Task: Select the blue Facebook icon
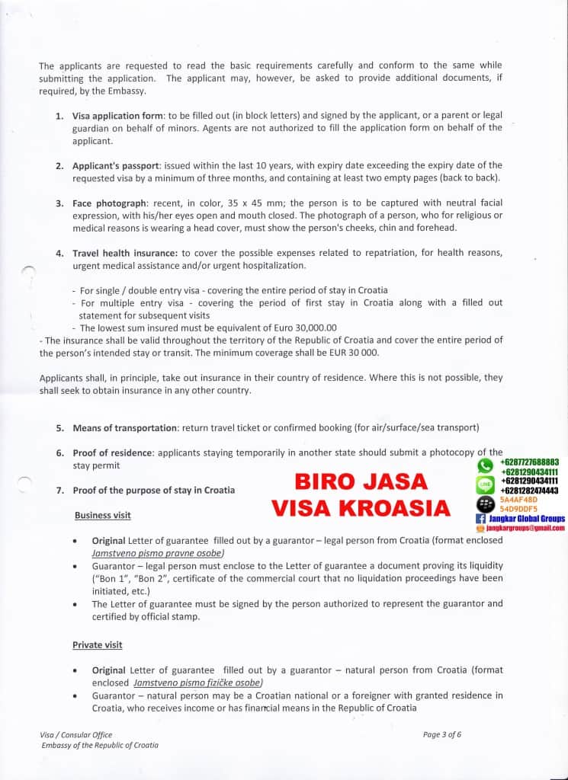[481, 518]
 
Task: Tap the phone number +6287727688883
[530, 462]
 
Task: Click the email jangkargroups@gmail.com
[526, 527]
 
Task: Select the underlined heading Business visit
[102, 516]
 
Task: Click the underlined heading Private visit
[98, 645]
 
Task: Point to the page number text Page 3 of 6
[442, 734]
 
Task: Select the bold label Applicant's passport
[116, 165]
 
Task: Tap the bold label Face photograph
[109, 203]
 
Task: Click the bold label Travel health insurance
[125, 253]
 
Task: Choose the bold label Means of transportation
[125, 428]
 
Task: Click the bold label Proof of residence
[112, 452]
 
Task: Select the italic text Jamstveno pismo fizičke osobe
[197, 683]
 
